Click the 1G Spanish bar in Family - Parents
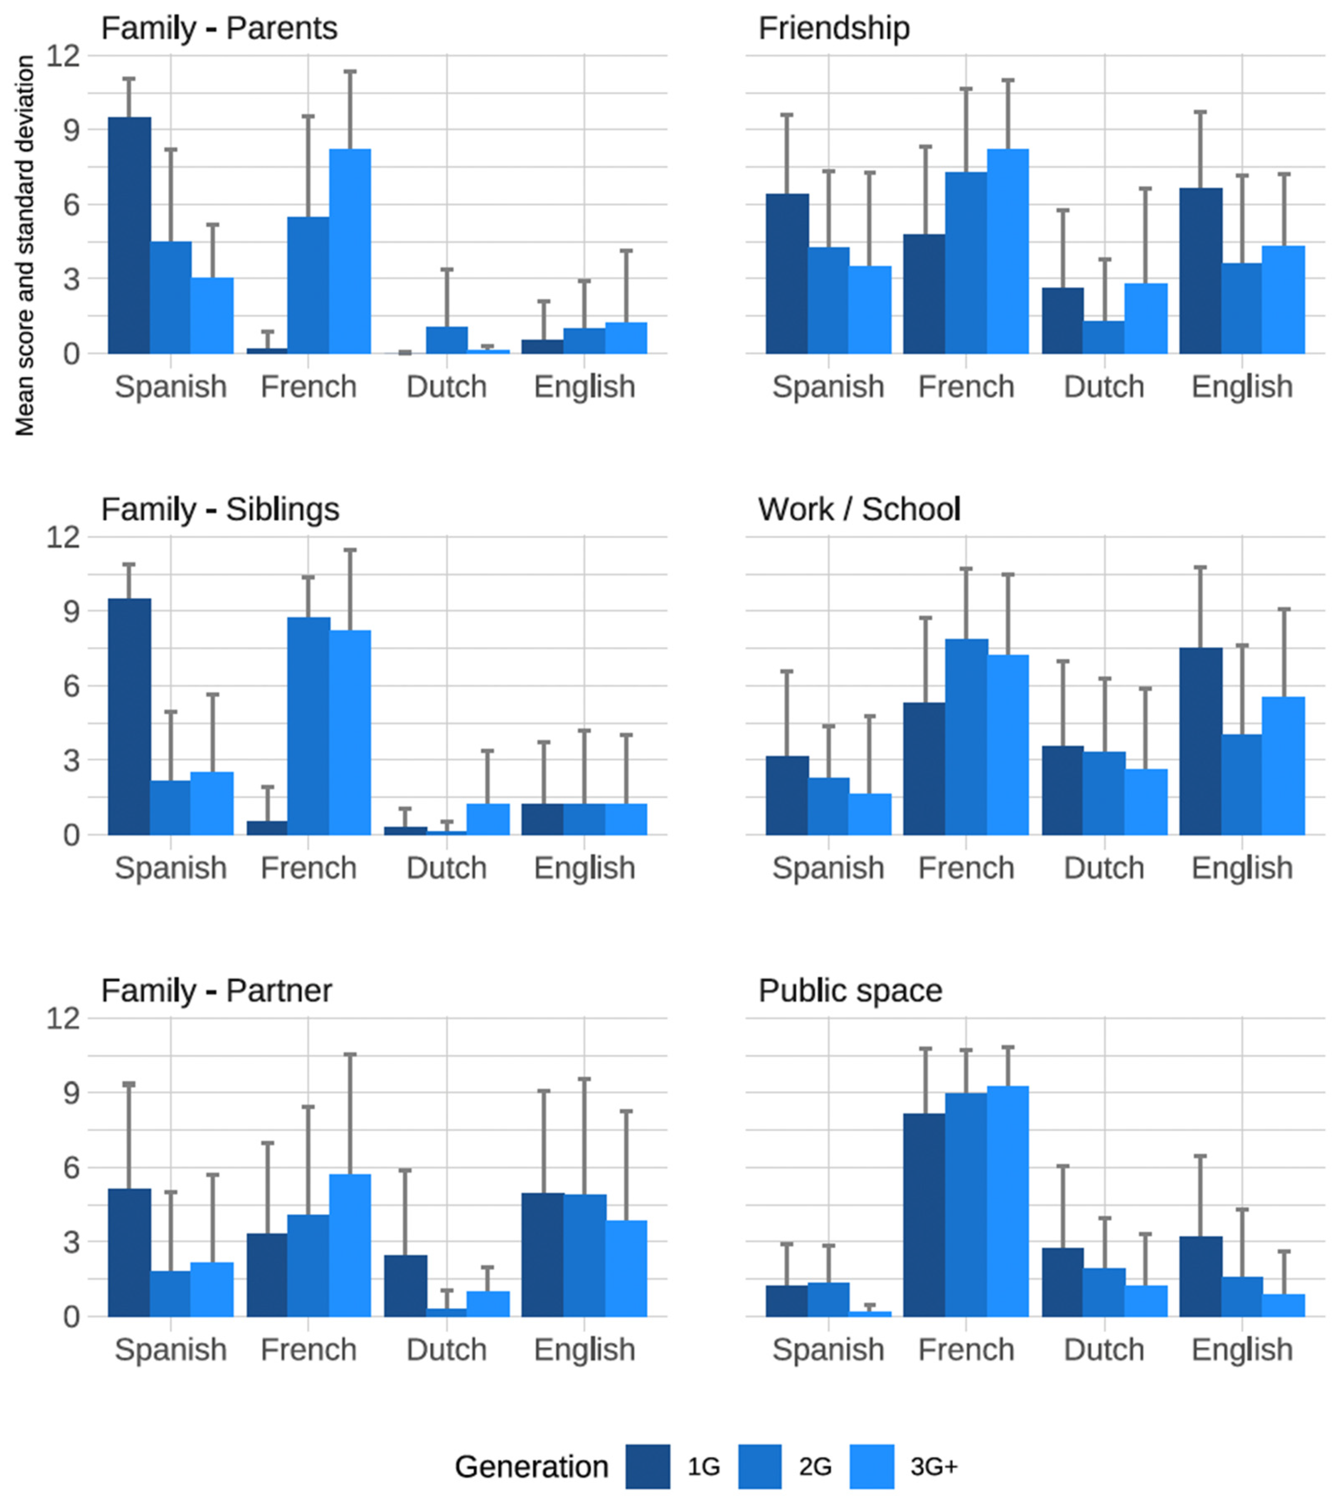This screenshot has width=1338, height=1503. coord(129,235)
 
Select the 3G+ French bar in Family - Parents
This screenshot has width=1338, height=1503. coord(350,251)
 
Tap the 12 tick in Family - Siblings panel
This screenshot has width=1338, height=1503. coord(62,537)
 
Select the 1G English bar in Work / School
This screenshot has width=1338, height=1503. coord(1200,741)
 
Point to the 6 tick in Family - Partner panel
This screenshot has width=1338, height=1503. coord(71,1168)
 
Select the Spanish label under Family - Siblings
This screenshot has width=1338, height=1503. coord(171,868)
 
